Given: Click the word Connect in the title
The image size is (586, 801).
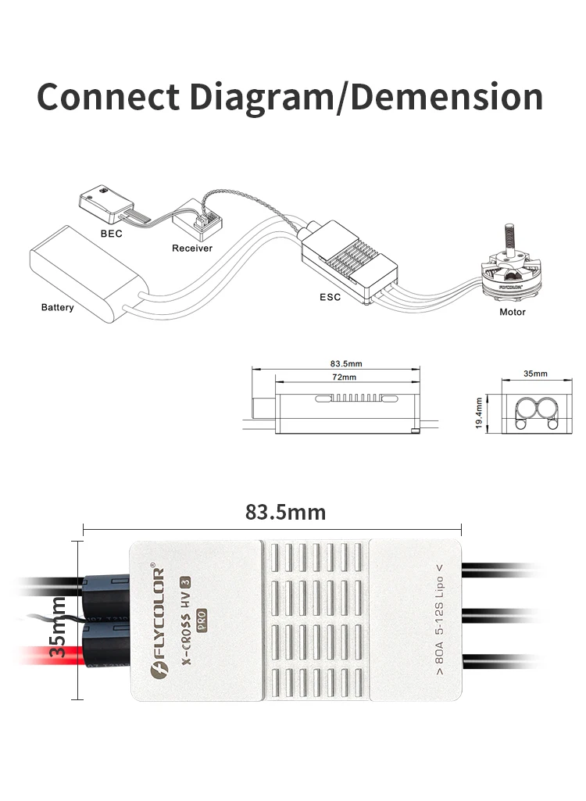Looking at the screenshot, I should tap(108, 97).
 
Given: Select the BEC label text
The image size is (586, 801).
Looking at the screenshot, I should tap(111, 233).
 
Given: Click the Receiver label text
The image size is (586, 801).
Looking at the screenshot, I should tap(192, 248).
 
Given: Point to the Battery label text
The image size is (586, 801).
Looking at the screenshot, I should tap(58, 307).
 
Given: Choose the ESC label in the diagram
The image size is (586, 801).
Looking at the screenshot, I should tap(330, 297).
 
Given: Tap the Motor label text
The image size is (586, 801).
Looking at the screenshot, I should tap(513, 312).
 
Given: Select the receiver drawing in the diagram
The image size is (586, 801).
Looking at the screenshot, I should tap(198, 220).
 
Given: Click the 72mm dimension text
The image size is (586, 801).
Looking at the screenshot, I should tap(343, 377).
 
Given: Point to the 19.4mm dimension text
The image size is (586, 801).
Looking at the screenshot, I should tap(479, 412).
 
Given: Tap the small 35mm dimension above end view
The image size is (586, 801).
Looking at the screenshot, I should tap(535, 374).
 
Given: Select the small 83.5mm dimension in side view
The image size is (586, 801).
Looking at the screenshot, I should tap(346, 363).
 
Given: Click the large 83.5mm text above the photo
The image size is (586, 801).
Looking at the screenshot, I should tap(285, 512).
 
